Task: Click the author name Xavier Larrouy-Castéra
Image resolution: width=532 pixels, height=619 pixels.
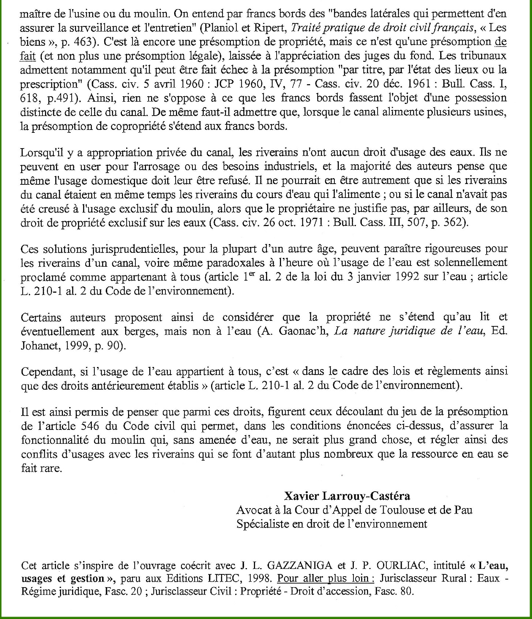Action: click(347, 496)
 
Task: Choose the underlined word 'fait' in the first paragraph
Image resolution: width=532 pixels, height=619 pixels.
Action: click(28, 56)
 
